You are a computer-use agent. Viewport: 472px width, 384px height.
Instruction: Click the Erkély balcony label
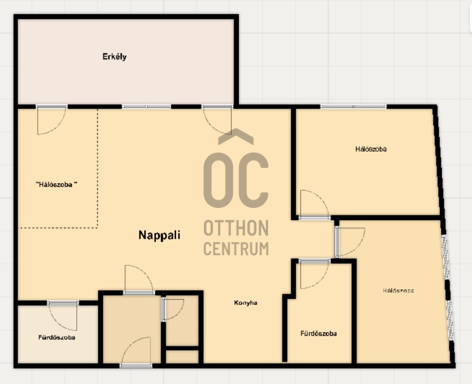pos(114,57)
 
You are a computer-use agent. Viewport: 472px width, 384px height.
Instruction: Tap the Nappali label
pos(159,235)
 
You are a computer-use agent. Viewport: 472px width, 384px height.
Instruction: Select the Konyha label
pos(246,303)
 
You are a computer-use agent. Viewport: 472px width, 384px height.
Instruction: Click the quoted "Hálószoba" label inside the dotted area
pos(57,185)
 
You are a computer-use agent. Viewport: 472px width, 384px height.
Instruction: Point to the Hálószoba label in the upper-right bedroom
pos(371,149)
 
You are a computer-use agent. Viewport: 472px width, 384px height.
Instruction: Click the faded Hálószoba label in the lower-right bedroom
pos(398,291)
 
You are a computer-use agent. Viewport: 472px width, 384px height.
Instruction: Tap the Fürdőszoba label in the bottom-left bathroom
pos(57,337)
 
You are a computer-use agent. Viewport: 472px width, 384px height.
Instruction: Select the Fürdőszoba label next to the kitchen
pos(318,334)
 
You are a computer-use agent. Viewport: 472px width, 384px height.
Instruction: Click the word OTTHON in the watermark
pos(236,228)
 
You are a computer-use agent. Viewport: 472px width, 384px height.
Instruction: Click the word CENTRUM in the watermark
pos(236,249)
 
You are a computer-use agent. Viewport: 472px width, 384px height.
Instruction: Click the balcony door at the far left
pos(51,120)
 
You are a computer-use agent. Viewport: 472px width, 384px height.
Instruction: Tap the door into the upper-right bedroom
pos(314,205)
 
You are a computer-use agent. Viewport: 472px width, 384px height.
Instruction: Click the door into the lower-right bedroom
pos(350,242)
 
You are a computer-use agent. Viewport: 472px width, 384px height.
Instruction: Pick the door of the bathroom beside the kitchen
pos(314,274)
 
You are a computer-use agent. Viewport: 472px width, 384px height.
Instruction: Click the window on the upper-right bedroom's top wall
pos(353,107)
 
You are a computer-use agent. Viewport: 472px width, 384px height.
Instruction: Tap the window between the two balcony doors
pos(146,107)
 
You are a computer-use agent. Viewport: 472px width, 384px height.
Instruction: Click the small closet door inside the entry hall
pos(173,309)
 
